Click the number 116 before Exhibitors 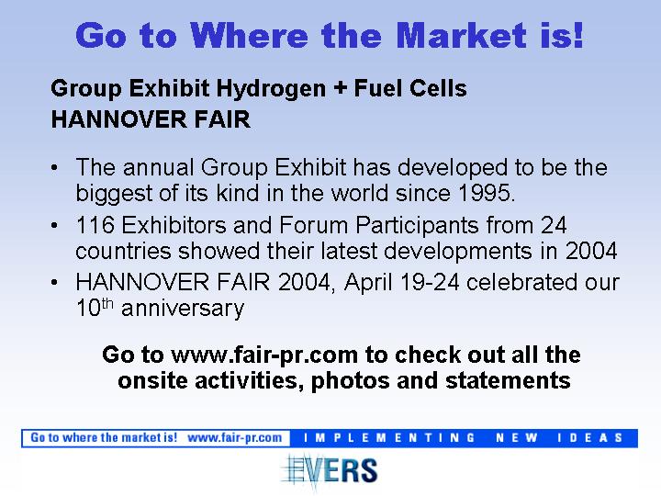coord(95,225)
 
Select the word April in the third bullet coord(368,283)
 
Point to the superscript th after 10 coord(107,304)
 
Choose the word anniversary coord(183,309)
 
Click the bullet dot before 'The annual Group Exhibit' coord(54,168)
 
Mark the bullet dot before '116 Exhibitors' coord(54,225)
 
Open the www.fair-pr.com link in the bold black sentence coord(264,355)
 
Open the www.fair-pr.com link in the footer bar coord(235,438)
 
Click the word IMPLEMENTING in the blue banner coord(389,438)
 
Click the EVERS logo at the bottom coord(330,470)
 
